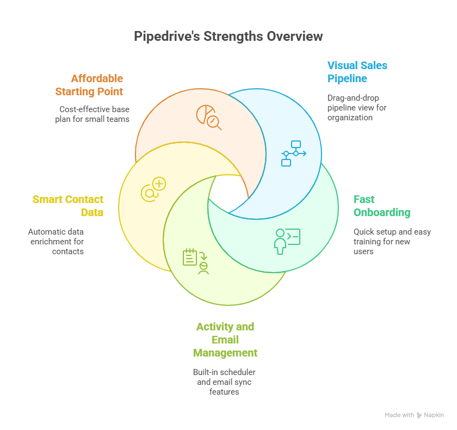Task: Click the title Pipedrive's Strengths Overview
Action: (x=228, y=36)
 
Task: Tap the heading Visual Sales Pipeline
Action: (x=357, y=72)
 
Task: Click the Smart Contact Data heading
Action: (x=68, y=206)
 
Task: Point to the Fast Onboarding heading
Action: (x=381, y=206)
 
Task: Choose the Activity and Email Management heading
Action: (x=225, y=340)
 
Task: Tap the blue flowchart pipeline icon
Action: (x=293, y=153)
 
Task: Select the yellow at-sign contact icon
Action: (x=153, y=189)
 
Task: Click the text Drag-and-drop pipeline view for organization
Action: (x=357, y=107)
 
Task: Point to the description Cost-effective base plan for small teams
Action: (x=92, y=114)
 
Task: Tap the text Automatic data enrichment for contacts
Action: (x=56, y=241)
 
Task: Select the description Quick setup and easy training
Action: (x=392, y=241)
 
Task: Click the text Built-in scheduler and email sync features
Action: (x=224, y=382)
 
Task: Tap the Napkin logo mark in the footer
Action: (x=419, y=415)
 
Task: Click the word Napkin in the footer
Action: (x=434, y=415)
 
